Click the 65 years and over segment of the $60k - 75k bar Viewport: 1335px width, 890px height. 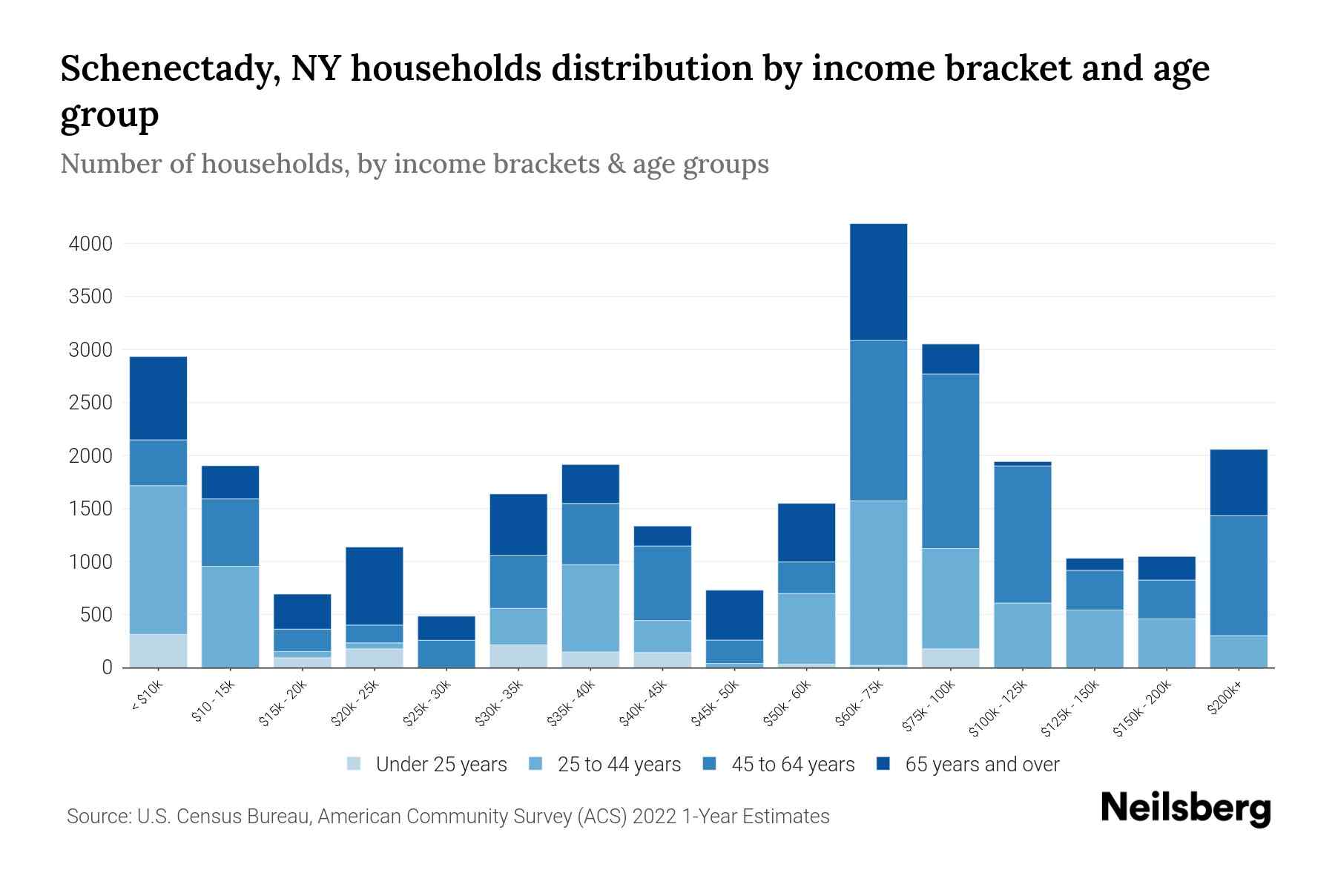pyautogui.click(x=878, y=282)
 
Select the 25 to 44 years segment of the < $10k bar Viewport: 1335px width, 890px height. pyautogui.click(x=158, y=560)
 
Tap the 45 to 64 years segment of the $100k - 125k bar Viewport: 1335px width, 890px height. pyautogui.click(x=1023, y=534)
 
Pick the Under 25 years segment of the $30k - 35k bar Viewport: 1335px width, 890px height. pyautogui.click(x=518, y=656)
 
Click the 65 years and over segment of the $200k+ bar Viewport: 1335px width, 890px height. pyautogui.click(x=1239, y=482)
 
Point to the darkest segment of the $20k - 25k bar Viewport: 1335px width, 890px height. pyautogui.click(x=375, y=586)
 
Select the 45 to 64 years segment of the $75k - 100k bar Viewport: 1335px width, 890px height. pyautogui.click(x=951, y=461)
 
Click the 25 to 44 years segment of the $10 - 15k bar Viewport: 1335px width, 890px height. pyautogui.click(x=230, y=616)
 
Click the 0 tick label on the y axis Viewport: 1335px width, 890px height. pyautogui.click(x=107, y=667)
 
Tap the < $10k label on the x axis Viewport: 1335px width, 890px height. pyautogui.click(x=148, y=696)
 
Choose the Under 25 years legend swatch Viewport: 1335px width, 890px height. pyautogui.click(x=355, y=764)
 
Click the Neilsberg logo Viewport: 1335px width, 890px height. pyautogui.click(x=1185, y=808)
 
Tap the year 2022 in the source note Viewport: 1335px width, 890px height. pyautogui.click(x=654, y=817)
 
